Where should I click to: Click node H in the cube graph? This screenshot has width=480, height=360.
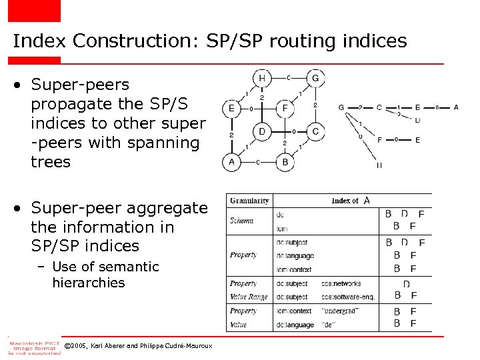262,78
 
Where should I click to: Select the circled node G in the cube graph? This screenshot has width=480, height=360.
315,78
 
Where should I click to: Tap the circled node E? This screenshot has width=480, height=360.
231,108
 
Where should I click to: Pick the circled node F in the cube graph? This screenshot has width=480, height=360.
285,108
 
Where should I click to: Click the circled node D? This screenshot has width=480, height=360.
262,131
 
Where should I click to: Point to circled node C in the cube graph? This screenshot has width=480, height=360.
315,131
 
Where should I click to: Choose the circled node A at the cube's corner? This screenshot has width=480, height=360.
231,161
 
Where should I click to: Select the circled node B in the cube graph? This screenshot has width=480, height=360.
285,161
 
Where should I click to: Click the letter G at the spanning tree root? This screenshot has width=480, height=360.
341,107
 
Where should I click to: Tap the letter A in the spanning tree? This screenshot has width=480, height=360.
456,107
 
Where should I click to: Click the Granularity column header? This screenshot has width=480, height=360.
249,201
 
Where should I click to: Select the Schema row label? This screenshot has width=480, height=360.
241,221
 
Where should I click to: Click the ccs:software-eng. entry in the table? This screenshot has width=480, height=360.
347,297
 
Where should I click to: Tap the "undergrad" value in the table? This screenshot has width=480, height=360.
339,311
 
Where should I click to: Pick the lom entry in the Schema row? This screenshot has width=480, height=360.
280,229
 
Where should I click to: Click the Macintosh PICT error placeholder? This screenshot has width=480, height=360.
34,347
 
